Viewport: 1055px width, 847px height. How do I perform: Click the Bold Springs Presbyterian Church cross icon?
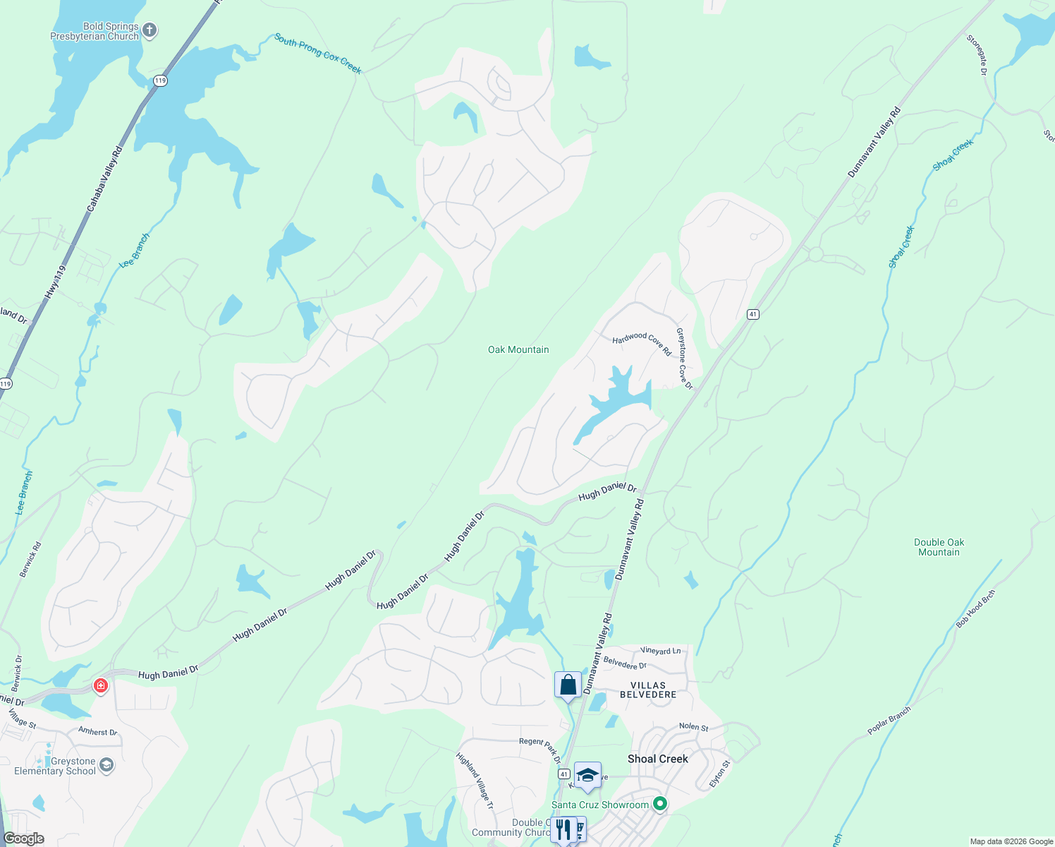click(149, 30)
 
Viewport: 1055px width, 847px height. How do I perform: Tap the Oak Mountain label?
click(518, 349)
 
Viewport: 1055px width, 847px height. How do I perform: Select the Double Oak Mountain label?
click(939, 547)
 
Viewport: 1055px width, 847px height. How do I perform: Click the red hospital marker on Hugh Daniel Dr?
click(101, 685)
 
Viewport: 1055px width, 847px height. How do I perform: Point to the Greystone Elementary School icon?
click(106, 765)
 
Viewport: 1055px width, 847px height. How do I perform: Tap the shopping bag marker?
click(568, 684)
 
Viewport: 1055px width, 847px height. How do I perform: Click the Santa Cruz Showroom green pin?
click(660, 804)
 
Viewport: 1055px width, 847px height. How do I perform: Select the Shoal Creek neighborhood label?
click(657, 759)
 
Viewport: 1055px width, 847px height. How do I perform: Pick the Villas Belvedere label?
click(647, 690)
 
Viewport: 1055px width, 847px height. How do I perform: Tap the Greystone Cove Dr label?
click(684, 359)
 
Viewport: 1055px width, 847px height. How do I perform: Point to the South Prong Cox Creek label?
click(317, 54)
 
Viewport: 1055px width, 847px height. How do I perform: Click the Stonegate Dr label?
click(977, 54)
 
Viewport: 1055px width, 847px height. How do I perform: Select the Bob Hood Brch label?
click(975, 609)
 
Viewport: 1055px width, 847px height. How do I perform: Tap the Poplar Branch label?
click(889, 721)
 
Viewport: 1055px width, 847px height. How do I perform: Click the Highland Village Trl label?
click(475, 781)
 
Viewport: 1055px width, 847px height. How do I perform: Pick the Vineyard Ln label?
click(661, 651)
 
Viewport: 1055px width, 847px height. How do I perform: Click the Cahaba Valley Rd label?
click(104, 179)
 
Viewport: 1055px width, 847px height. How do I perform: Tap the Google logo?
click(23, 839)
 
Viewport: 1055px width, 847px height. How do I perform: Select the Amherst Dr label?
click(97, 732)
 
